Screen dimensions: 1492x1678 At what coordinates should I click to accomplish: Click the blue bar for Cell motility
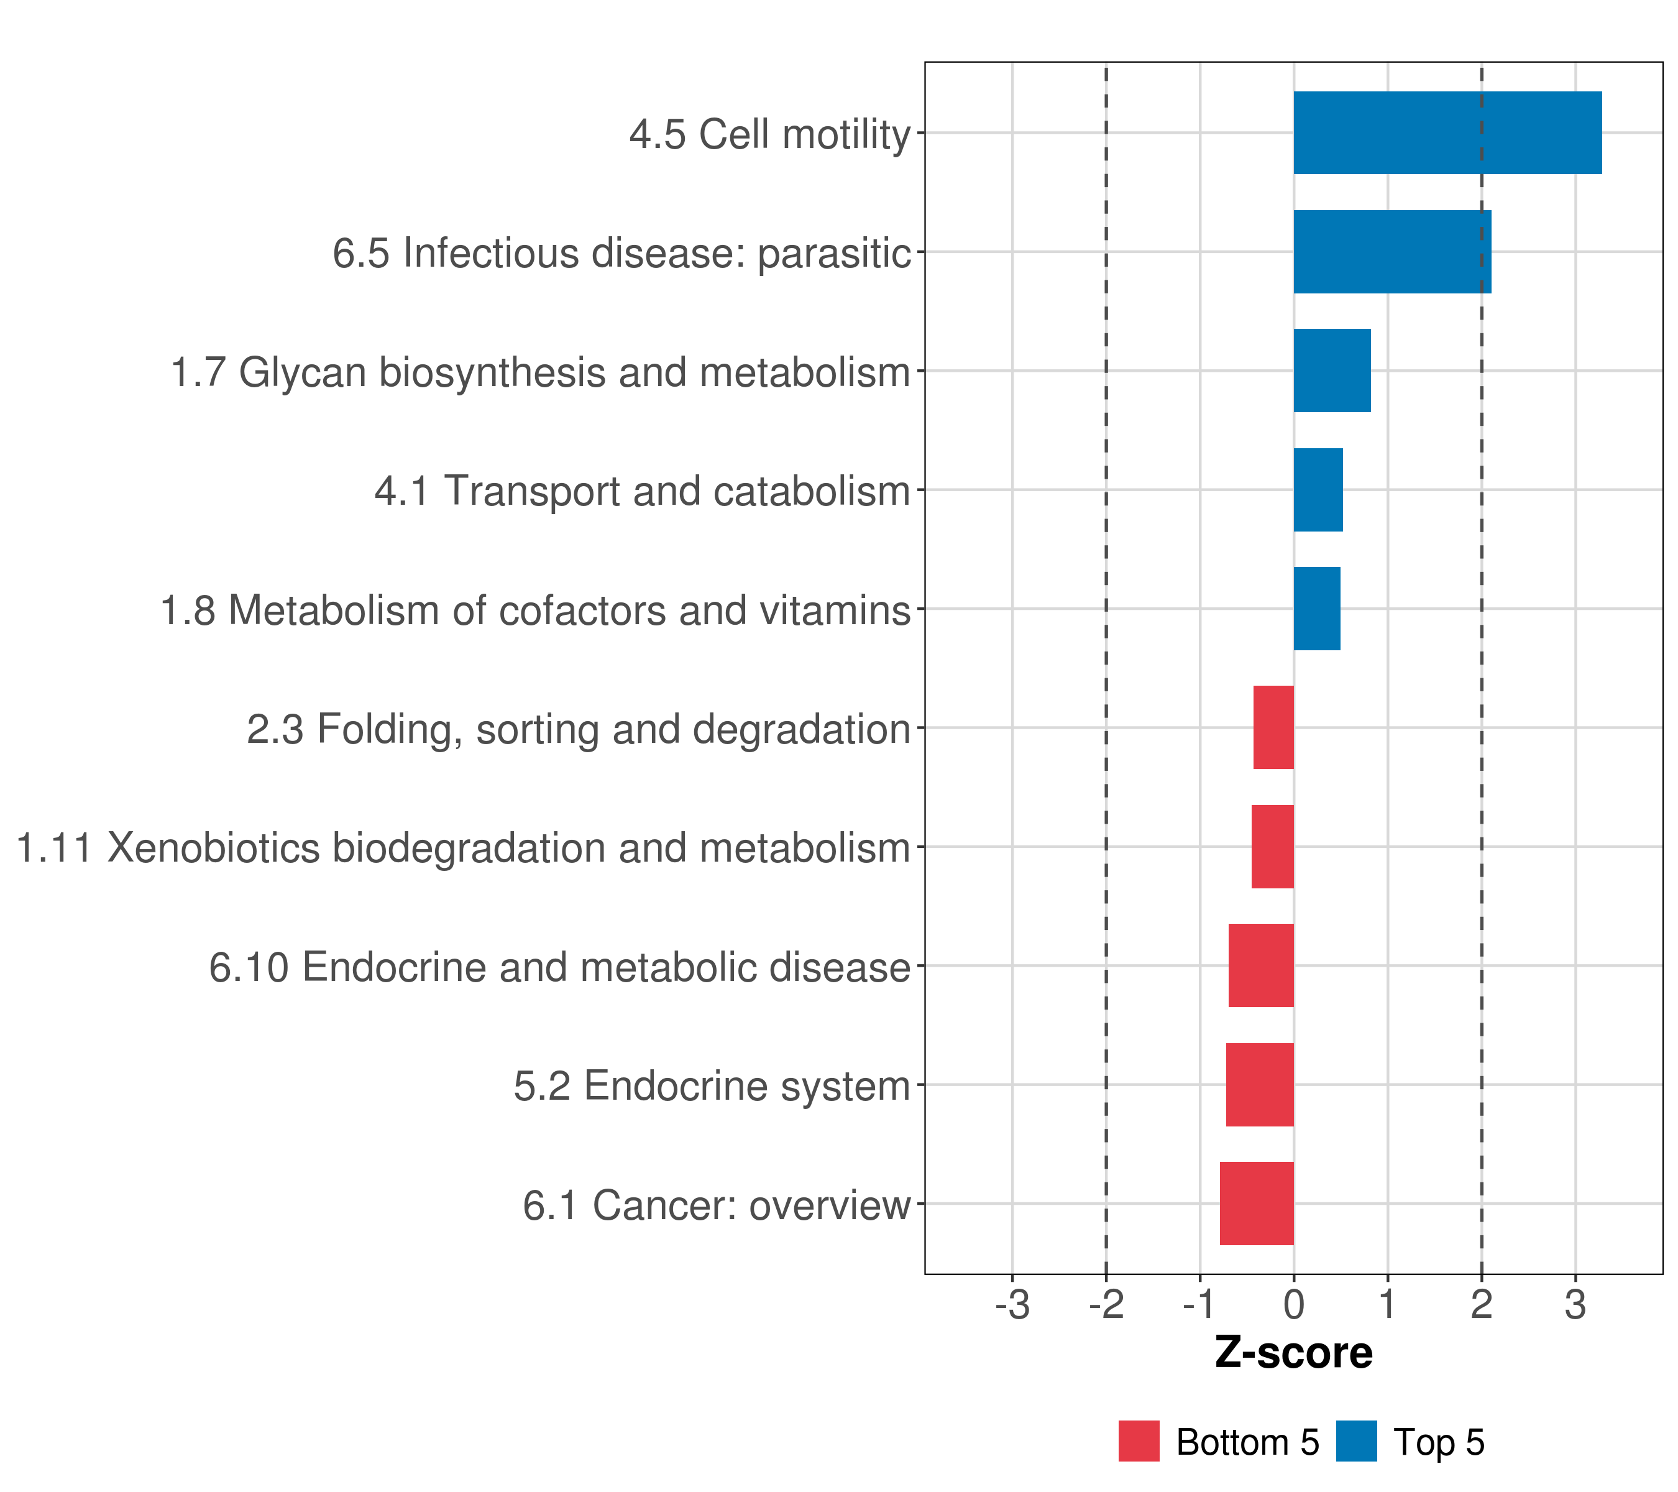(1446, 132)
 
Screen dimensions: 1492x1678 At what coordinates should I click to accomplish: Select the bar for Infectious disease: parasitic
(1391, 251)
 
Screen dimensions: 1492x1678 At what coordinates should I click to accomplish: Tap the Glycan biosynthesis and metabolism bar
(1332, 371)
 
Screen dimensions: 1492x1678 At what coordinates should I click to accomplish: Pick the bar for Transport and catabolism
(1318, 489)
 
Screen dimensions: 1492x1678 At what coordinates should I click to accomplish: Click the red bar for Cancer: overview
(1256, 1203)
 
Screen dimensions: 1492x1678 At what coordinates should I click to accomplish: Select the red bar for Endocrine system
(1259, 1084)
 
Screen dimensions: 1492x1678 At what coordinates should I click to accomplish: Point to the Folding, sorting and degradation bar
(1273, 727)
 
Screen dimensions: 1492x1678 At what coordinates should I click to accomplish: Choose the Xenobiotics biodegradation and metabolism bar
(1272, 847)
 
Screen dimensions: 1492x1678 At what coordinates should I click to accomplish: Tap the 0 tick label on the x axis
(1294, 1305)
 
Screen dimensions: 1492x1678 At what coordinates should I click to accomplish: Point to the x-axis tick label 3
(1575, 1305)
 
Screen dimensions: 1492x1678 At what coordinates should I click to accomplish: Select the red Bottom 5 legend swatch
(1139, 1441)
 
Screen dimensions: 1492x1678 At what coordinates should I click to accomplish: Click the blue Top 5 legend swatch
(1356, 1441)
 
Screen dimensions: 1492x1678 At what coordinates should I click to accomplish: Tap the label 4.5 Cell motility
(769, 134)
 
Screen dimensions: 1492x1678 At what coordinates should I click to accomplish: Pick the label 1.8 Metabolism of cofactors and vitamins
(535, 610)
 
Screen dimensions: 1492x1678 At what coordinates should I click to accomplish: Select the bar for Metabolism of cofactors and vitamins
(1317, 609)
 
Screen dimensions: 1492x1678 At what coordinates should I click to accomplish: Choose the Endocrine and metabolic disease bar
(1260, 965)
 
